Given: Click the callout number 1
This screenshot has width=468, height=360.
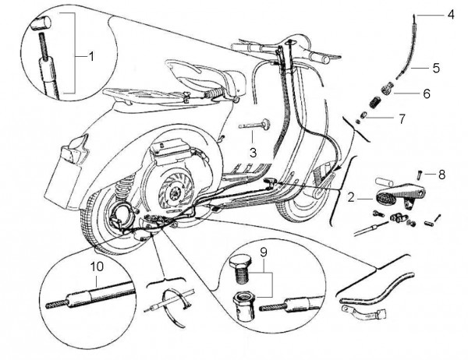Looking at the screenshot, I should pyautogui.click(x=90, y=56).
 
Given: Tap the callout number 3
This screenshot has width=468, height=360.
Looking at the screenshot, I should pyautogui.click(x=252, y=150).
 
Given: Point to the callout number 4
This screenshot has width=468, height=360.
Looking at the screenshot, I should pyautogui.click(x=450, y=14).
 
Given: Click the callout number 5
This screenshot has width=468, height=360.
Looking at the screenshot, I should pyautogui.click(x=436, y=68).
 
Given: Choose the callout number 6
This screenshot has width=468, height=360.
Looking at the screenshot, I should pyautogui.click(x=426, y=93).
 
